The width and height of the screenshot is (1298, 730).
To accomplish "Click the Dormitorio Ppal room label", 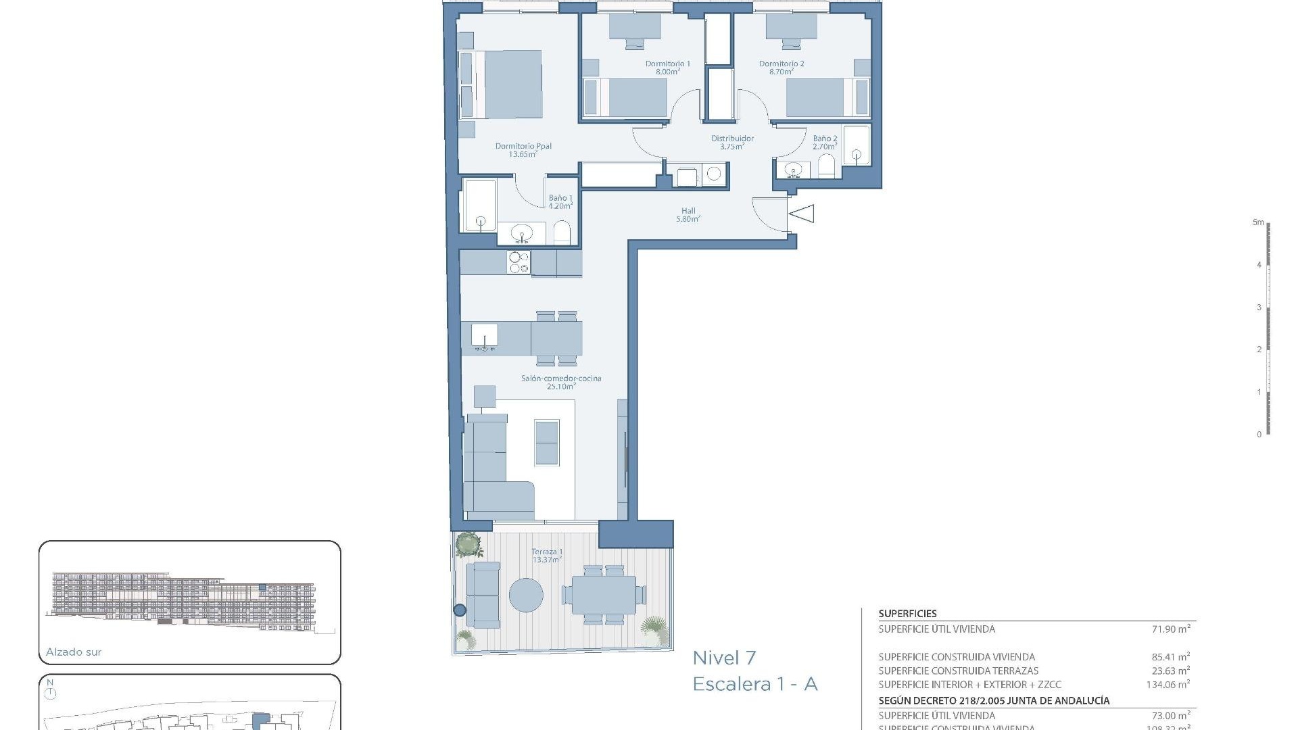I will coord(523,146).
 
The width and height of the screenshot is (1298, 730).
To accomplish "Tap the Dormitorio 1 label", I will coord(667,64).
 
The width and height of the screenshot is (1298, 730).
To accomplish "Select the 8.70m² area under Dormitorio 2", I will coord(781,72).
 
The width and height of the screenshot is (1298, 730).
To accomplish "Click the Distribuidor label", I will coord(732,139).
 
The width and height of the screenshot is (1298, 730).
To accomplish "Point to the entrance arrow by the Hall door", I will coord(802,214).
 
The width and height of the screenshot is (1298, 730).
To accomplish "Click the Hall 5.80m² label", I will coord(688,215).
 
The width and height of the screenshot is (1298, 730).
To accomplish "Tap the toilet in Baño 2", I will coord(827,166).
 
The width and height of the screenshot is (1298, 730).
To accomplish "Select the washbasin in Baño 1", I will coord(521,234).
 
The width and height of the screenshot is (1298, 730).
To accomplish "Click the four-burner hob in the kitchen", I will coord(519,262).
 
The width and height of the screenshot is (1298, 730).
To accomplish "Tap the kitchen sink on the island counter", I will coord(484,336).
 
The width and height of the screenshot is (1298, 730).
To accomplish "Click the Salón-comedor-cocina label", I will coord(560,379).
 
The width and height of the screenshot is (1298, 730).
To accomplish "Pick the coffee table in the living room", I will coord(547,442).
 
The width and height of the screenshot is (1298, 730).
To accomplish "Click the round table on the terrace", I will coord(526,595).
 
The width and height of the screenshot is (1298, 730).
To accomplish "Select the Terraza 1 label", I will coord(547,552).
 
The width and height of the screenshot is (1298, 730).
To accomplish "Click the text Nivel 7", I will coord(724,658).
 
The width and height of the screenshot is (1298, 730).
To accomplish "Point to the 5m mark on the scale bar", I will coord(1258,222).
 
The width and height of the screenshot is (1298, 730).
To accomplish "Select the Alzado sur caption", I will coord(74,652).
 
